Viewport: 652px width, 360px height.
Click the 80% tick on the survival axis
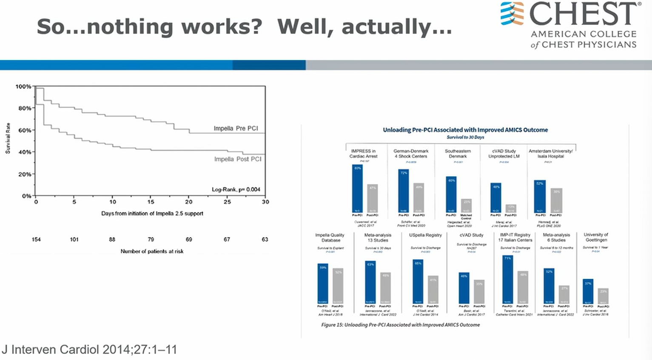pyautogui.click(x=24, y=108)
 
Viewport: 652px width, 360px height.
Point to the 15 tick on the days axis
pyautogui.click(x=151, y=202)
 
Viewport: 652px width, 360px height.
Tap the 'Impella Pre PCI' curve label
pyautogui.click(x=236, y=128)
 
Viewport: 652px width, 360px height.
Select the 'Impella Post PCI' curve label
pyautogui.click(x=237, y=159)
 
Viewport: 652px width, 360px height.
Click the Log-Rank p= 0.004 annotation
pyautogui.click(x=236, y=189)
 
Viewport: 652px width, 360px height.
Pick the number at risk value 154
pyautogui.click(x=36, y=240)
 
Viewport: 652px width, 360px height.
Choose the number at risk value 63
pyautogui.click(x=265, y=240)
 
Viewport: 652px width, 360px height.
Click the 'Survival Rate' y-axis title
pyautogui.click(x=8, y=138)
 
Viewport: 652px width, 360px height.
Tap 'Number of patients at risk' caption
pyautogui.click(x=152, y=251)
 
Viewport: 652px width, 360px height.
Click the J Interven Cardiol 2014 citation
pyautogui.click(x=89, y=350)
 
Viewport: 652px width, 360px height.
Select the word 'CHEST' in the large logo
pyautogui.click(x=585, y=14)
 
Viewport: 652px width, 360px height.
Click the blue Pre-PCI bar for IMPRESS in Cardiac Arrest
pyautogui.click(x=357, y=189)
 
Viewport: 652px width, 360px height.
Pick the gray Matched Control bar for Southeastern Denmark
pyautogui.click(x=466, y=206)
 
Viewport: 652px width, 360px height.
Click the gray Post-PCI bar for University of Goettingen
pyautogui.click(x=603, y=296)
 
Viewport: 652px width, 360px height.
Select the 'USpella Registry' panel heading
pyautogui.click(x=425, y=235)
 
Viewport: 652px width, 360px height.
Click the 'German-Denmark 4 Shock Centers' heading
pyautogui.click(x=411, y=154)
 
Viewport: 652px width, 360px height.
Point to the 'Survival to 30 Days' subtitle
pyautogui.click(x=465, y=137)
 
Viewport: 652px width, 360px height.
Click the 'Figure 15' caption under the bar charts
pyautogui.click(x=400, y=325)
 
